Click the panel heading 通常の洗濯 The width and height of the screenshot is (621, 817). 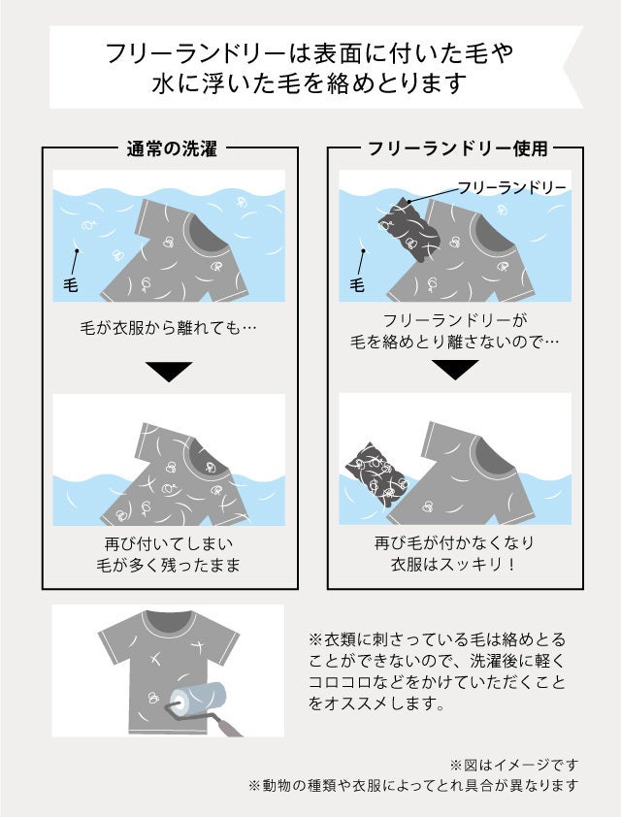coord(172,149)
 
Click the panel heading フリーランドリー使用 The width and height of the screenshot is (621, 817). coord(458,149)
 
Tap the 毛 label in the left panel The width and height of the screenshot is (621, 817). coord(70,285)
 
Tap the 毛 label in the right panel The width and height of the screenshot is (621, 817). coord(357,285)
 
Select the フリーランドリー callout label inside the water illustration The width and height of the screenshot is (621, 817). coord(511,187)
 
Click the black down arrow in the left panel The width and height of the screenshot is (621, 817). coord(169,371)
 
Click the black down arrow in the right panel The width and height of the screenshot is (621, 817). coord(455,370)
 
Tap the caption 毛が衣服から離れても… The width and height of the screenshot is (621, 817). coord(168,328)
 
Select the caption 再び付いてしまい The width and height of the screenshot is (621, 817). coord(168,544)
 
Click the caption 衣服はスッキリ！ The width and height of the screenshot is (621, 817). coord(454,565)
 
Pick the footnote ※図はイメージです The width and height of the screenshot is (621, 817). coord(514,765)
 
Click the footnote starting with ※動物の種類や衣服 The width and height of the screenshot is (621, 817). coord(413,785)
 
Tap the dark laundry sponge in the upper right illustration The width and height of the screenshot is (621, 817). coord(409,229)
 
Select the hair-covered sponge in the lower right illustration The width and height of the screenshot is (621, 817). coord(376,474)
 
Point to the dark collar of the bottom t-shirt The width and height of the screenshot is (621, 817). coord(168,621)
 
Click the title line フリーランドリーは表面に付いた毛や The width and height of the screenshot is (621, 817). coord(310,53)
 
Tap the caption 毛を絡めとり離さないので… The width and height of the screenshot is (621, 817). coord(454,342)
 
